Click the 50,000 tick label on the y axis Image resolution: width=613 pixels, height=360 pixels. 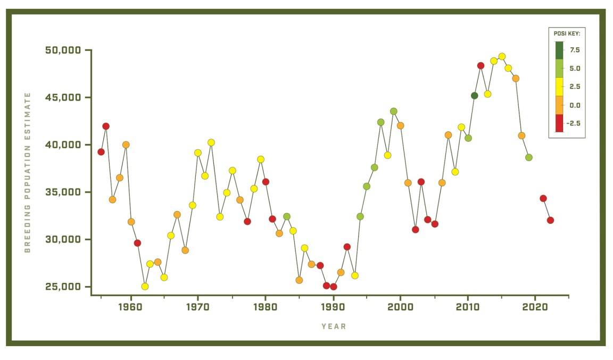[63, 51]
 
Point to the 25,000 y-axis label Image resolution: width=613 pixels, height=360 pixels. [63, 287]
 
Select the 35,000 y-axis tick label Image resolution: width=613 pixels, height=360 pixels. [63, 192]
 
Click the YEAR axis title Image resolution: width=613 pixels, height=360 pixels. [334, 326]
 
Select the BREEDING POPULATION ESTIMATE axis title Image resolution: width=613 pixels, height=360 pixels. [28, 172]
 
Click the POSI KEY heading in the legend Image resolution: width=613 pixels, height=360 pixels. [567, 34]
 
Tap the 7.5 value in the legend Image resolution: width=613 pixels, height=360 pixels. [575, 50]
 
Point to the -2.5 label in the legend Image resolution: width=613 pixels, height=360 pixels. [574, 123]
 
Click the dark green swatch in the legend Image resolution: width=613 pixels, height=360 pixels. [559, 50]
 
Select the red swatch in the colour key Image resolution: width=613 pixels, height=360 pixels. [559, 123]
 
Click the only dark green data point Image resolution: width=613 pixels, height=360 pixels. [475, 96]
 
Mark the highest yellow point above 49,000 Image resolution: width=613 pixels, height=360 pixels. [502, 57]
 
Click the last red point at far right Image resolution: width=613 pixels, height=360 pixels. [550, 220]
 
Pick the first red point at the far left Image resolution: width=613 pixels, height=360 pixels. [101, 152]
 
